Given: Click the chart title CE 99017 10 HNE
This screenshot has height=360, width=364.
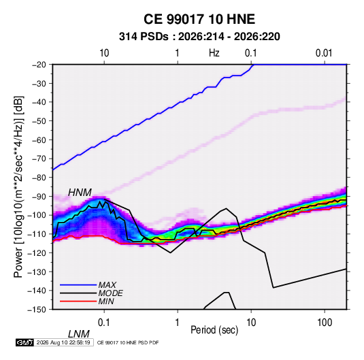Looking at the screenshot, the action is click(x=199, y=19).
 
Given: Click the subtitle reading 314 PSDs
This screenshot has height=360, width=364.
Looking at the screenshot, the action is click(x=144, y=37).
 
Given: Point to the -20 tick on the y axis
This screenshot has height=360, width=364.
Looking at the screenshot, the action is click(x=39, y=65).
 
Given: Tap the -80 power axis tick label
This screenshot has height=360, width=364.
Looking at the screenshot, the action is click(x=39, y=178).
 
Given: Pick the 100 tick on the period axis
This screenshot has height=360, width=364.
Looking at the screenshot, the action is click(x=324, y=323).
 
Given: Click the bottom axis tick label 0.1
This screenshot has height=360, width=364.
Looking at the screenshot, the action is click(x=104, y=323).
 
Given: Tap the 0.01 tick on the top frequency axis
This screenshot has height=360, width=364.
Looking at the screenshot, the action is click(x=324, y=53).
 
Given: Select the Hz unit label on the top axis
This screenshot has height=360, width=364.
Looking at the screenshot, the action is click(x=214, y=53).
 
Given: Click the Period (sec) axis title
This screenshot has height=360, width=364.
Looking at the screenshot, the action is click(x=214, y=330).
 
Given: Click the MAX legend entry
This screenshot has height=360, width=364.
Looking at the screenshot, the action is click(x=107, y=285).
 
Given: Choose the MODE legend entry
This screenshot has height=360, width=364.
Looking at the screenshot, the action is click(x=110, y=293).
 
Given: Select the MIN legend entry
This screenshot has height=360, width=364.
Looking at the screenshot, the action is click(x=106, y=301).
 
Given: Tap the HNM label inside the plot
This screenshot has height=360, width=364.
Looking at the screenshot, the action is click(x=80, y=193).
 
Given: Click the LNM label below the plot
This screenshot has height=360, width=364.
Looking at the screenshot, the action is click(x=78, y=334).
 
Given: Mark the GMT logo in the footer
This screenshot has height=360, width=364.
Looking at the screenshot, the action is click(x=24, y=342).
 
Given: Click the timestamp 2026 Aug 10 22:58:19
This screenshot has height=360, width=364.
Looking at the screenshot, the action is click(x=63, y=342).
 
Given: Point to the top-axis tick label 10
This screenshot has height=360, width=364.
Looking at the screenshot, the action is click(x=104, y=53).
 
